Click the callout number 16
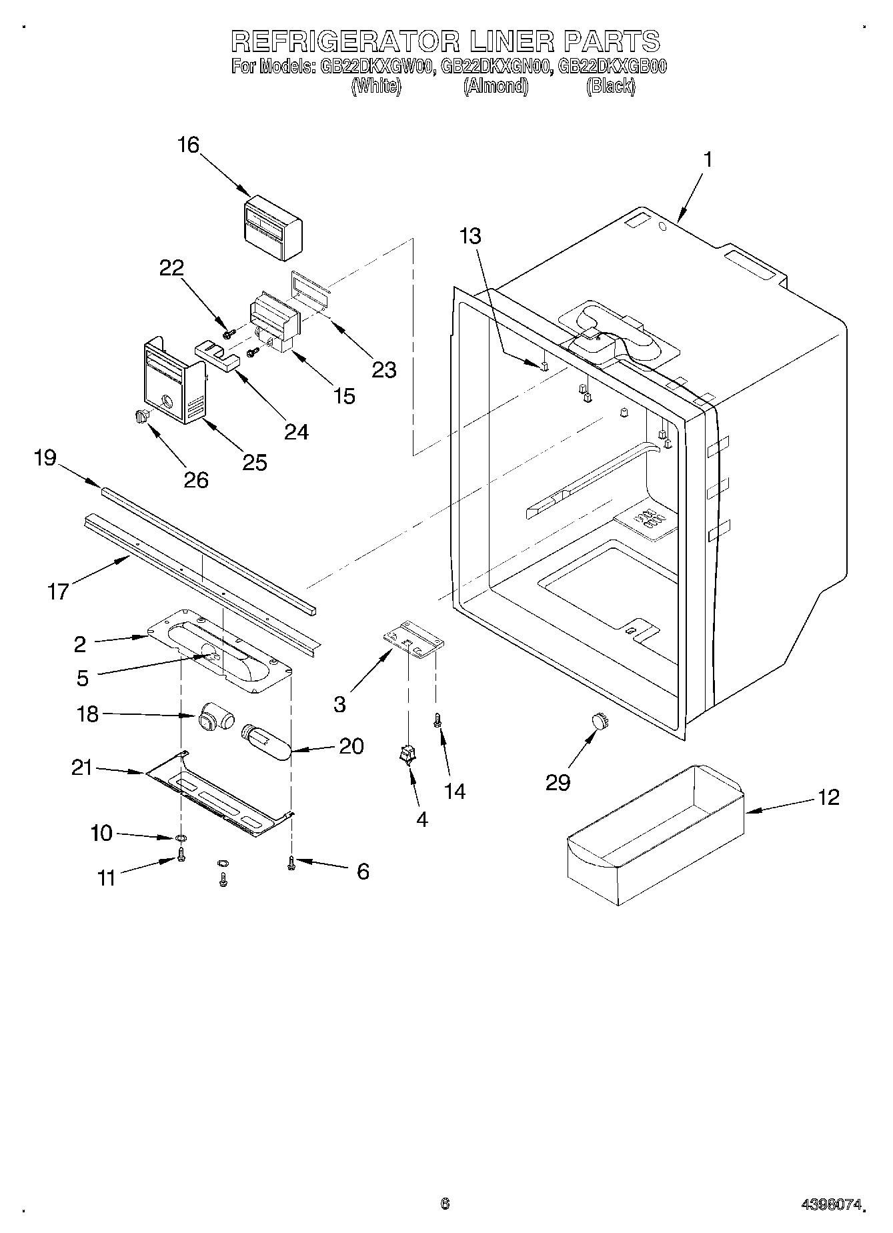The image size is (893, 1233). (x=189, y=145)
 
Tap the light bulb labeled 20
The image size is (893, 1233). (x=266, y=740)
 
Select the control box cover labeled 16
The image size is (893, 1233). (x=272, y=228)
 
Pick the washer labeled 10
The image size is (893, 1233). (x=181, y=838)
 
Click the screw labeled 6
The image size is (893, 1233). (x=291, y=863)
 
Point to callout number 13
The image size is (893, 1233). (x=470, y=236)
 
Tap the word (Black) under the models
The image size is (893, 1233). (x=610, y=86)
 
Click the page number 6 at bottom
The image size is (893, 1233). (x=445, y=1204)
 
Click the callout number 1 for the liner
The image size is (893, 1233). (x=708, y=159)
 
